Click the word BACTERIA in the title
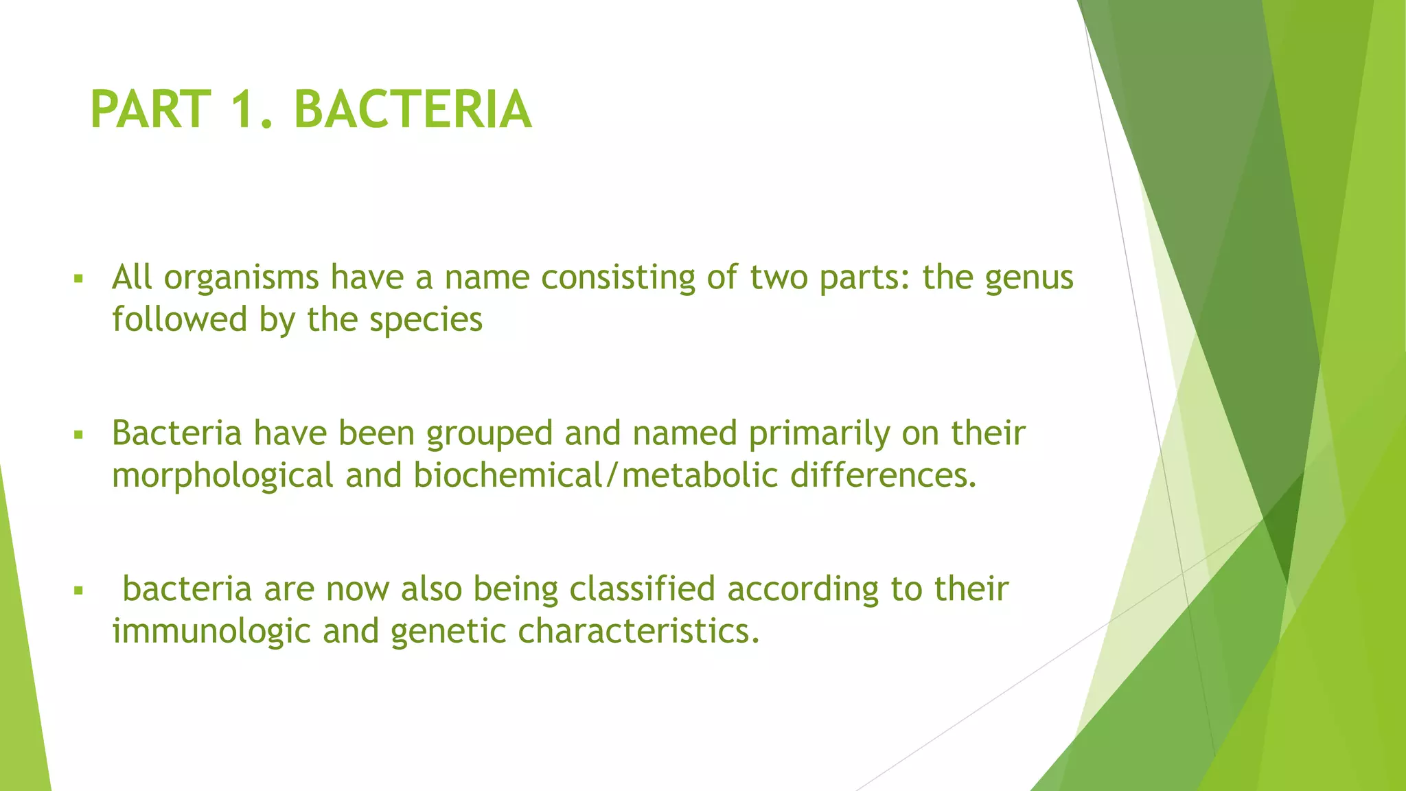[x=413, y=110]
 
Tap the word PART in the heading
[x=150, y=110]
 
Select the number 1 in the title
[x=244, y=110]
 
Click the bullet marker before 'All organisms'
[x=78, y=279]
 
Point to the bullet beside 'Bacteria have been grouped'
[x=78, y=435]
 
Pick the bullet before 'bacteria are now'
[x=78, y=590]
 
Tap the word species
[x=426, y=321]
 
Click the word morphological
[x=222, y=476]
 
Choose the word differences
[x=883, y=476]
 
